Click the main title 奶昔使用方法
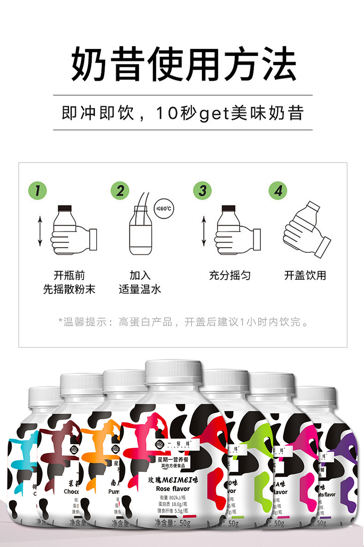coord(183,65)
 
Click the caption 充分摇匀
coord(229,276)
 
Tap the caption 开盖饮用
coord(305,276)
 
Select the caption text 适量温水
coord(140,290)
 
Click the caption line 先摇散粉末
coord(69,290)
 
